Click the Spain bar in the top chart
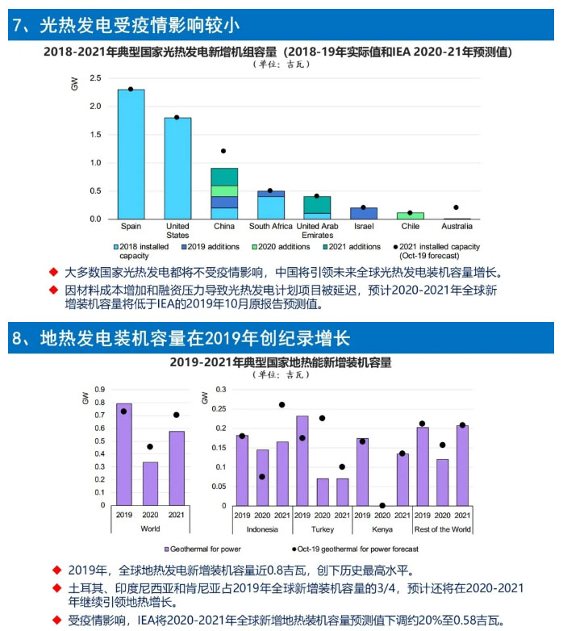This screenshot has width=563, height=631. [x=131, y=154]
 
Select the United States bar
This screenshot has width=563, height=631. [x=177, y=168]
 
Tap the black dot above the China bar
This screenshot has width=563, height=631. [x=223, y=151]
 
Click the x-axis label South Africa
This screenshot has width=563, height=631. [x=270, y=226]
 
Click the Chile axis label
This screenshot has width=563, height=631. [x=410, y=226]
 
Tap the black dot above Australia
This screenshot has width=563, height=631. [x=456, y=207]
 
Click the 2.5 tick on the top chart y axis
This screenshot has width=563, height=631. [x=95, y=78]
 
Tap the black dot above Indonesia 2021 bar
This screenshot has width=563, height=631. [x=281, y=405]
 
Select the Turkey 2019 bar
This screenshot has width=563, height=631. [x=302, y=460]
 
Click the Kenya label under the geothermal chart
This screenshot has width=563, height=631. [x=382, y=530]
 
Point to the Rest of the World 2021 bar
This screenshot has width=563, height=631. [x=462, y=465]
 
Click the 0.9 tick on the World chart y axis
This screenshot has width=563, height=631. [x=100, y=389]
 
